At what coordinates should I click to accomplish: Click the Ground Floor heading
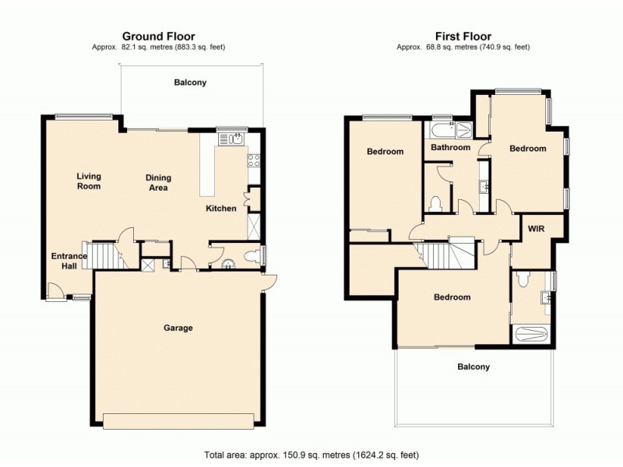tap(158, 36)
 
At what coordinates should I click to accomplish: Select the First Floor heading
tap(463, 36)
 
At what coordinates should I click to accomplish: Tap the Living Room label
tap(89, 181)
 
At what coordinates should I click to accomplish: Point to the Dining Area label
tap(158, 183)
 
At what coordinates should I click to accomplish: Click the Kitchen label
tap(220, 209)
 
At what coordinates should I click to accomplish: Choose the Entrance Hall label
tap(66, 261)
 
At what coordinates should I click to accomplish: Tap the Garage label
tap(178, 328)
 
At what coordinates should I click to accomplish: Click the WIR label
tap(535, 229)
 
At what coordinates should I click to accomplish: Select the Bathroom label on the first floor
tap(450, 148)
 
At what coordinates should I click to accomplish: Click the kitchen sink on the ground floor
tap(231, 139)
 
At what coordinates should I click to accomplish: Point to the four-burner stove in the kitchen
tap(253, 161)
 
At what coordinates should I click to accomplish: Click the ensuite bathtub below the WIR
tap(533, 334)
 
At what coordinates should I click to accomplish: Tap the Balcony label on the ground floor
tap(190, 83)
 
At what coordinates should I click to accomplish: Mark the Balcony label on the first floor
tap(473, 367)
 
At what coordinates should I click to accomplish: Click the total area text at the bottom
tap(311, 454)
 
